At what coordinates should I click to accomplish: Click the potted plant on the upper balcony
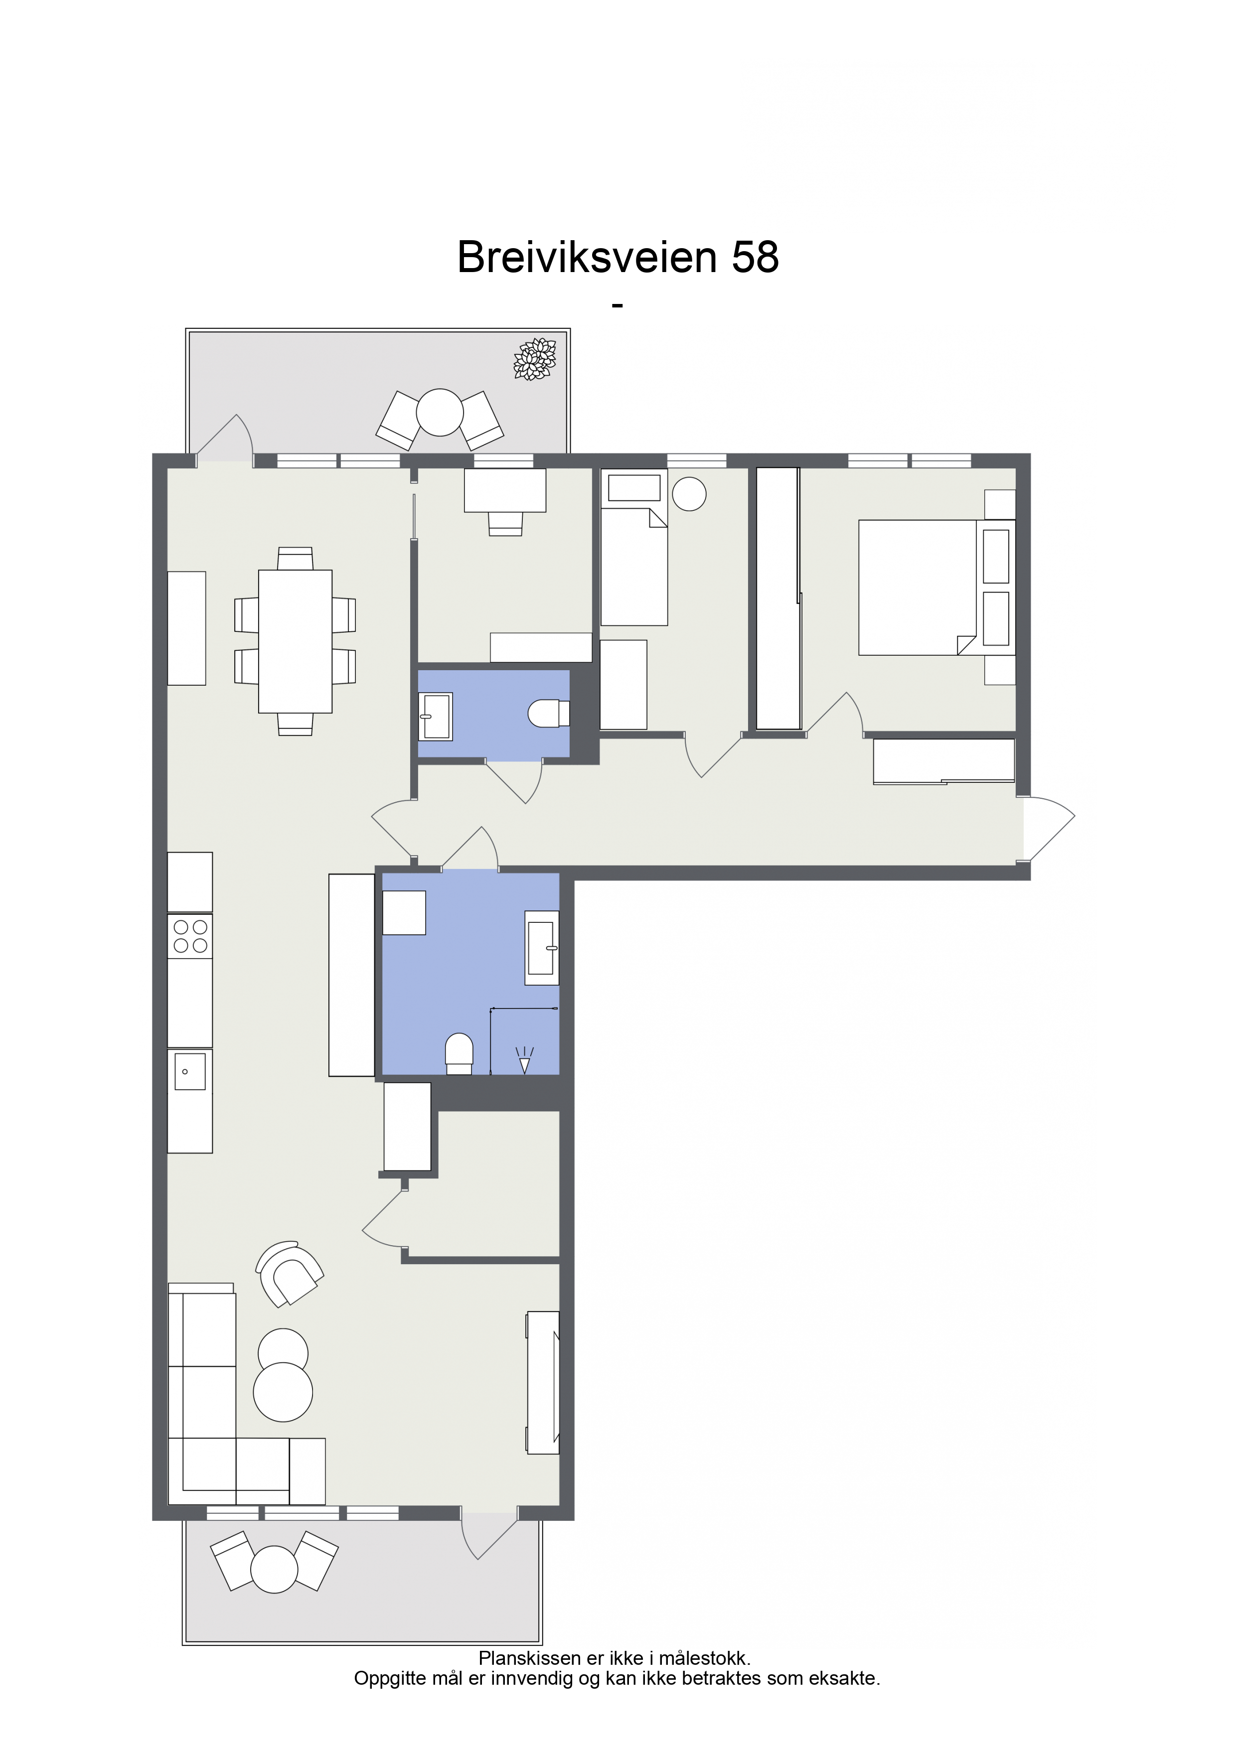(535, 359)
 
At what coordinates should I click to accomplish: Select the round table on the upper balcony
(440, 413)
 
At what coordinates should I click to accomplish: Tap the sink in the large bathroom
(542, 948)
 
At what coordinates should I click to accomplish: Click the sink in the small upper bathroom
(436, 716)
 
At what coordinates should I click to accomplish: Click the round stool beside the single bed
(689, 494)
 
